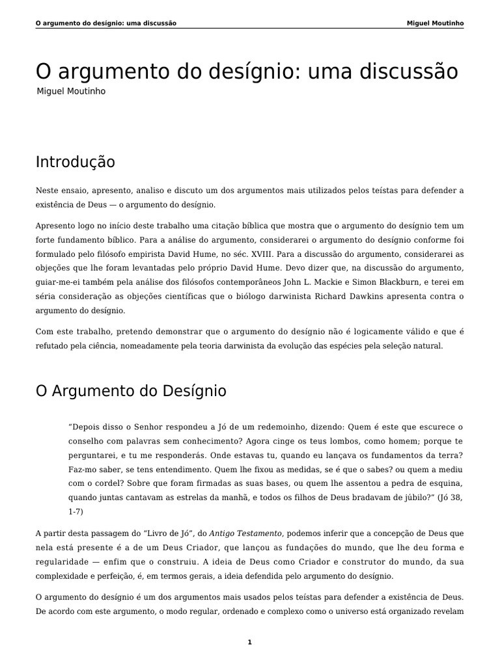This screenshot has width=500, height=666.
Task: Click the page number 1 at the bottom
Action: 249,642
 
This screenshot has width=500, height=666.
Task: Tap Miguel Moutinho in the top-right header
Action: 435,23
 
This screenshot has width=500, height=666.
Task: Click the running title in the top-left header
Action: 106,23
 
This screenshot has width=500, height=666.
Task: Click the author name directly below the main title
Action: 71,92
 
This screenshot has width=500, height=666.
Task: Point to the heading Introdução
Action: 75,162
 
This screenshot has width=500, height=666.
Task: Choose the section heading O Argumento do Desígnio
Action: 131,391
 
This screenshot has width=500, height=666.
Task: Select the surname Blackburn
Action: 415,282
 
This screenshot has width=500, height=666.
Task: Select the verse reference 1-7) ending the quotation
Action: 77,511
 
